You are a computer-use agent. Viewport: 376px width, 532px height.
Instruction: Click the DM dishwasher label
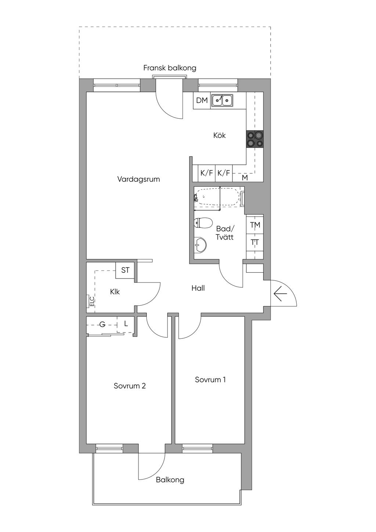click(202, 100)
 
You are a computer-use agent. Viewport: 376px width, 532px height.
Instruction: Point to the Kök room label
click(219, 135)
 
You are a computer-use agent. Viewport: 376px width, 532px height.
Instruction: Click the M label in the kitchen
click(245, 178)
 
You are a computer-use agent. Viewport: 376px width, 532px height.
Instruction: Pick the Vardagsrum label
click(139, 179)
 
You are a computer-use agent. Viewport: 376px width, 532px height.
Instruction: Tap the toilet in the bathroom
click(203, 223)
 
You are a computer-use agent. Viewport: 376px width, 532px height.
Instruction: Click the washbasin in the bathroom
click(200, 245)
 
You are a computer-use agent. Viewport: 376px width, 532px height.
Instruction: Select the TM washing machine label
click(255, 225)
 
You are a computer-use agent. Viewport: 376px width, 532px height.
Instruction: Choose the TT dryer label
click(255, 242)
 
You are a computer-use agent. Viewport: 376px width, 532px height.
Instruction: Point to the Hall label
click(198, 288)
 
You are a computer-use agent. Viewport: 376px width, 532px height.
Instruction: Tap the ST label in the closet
click(125, 270)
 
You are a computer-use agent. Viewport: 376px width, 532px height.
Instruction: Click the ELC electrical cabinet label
click(92, 301)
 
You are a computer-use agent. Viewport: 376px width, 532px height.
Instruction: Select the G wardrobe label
click(102, 324)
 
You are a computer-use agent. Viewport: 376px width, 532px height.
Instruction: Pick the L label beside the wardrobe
click(126, 323)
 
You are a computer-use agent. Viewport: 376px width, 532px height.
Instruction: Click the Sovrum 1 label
click(210, 380)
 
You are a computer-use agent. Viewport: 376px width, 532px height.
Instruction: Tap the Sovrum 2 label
click(130, 386)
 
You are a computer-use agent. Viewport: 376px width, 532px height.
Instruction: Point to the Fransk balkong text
click(170, 68)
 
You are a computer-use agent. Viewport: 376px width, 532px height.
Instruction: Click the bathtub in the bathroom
click(217, 197)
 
